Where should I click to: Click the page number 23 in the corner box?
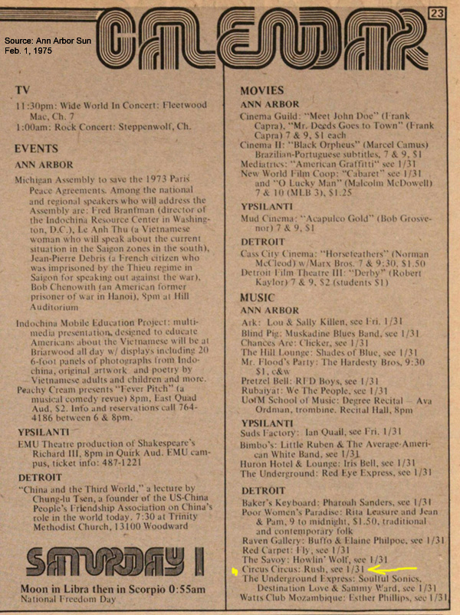click(438, 13)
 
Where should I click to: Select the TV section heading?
click(22, 90)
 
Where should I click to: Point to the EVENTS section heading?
click(36, 149)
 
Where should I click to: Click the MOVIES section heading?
click(262, 90)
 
